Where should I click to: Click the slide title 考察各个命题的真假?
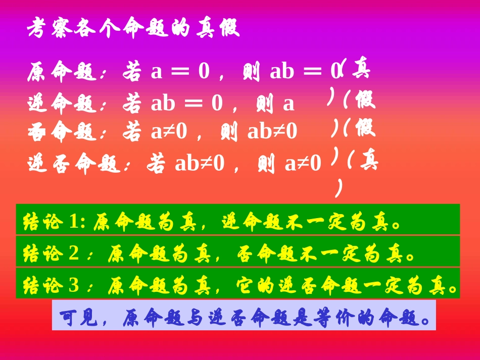click(x=133, y=29)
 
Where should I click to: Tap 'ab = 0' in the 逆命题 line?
click(x=187, y=103)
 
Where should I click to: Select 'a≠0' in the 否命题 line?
click(x=169, y=132)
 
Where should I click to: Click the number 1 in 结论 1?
click(x=74, y=222)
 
